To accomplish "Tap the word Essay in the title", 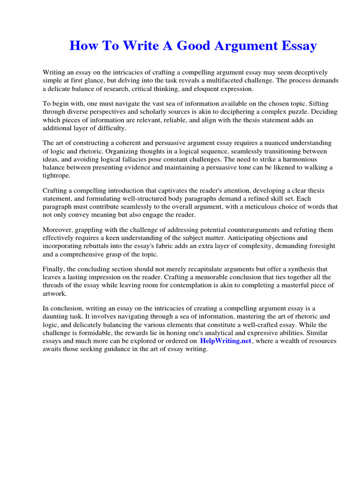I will pyautogui.click(x=297, y=46).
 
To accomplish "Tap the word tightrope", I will pyautogui.click(x=58, y=175).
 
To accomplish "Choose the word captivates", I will pyautogui.click(x=180, y=191).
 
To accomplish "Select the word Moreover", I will pyautogui.click(x=58, y=230).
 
